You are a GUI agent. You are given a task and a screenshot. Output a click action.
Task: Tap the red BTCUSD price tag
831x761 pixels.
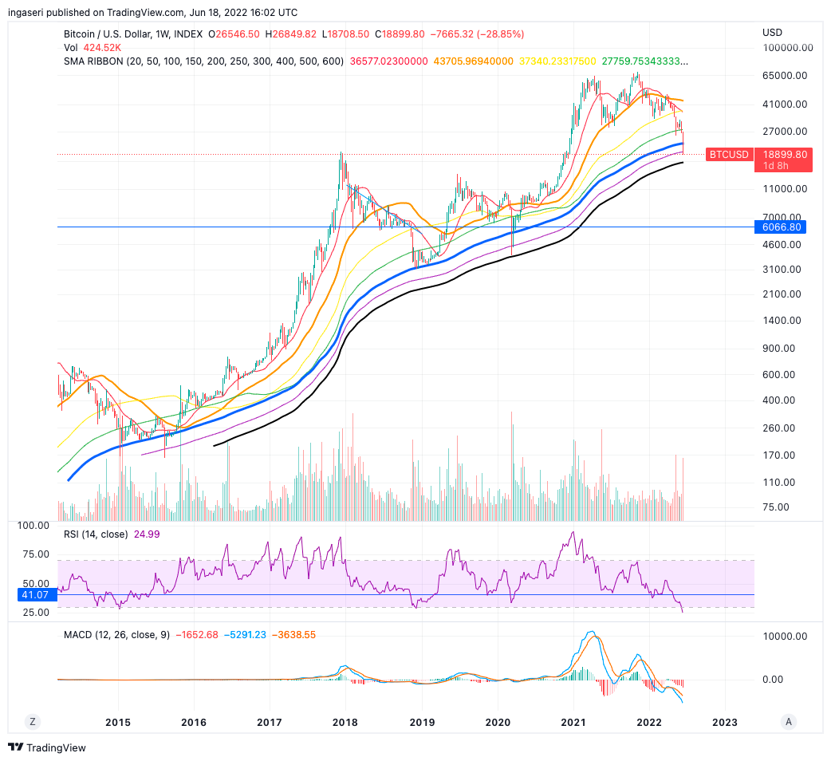click(x=729, y=155)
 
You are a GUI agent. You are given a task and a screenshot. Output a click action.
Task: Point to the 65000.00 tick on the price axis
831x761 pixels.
click(x=785, y=76)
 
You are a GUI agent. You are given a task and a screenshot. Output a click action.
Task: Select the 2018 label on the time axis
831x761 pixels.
click(x=345, y=722)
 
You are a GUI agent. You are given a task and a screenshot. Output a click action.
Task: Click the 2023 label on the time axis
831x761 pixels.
click(x=724, y=722)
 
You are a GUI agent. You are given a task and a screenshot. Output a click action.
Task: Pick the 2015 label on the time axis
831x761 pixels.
click(x=118, y=722)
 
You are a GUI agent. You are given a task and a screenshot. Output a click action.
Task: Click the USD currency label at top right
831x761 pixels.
click(x=772, y=33)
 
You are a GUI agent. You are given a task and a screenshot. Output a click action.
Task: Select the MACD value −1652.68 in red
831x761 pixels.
click(x=195, y=635)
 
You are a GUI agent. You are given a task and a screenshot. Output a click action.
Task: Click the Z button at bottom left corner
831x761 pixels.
click(x=33, y=721)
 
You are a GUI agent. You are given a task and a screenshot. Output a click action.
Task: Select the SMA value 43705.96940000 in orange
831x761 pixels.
click(x=473, y=61)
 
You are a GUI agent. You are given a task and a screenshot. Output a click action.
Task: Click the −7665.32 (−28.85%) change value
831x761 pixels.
click(x=477, y=34)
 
